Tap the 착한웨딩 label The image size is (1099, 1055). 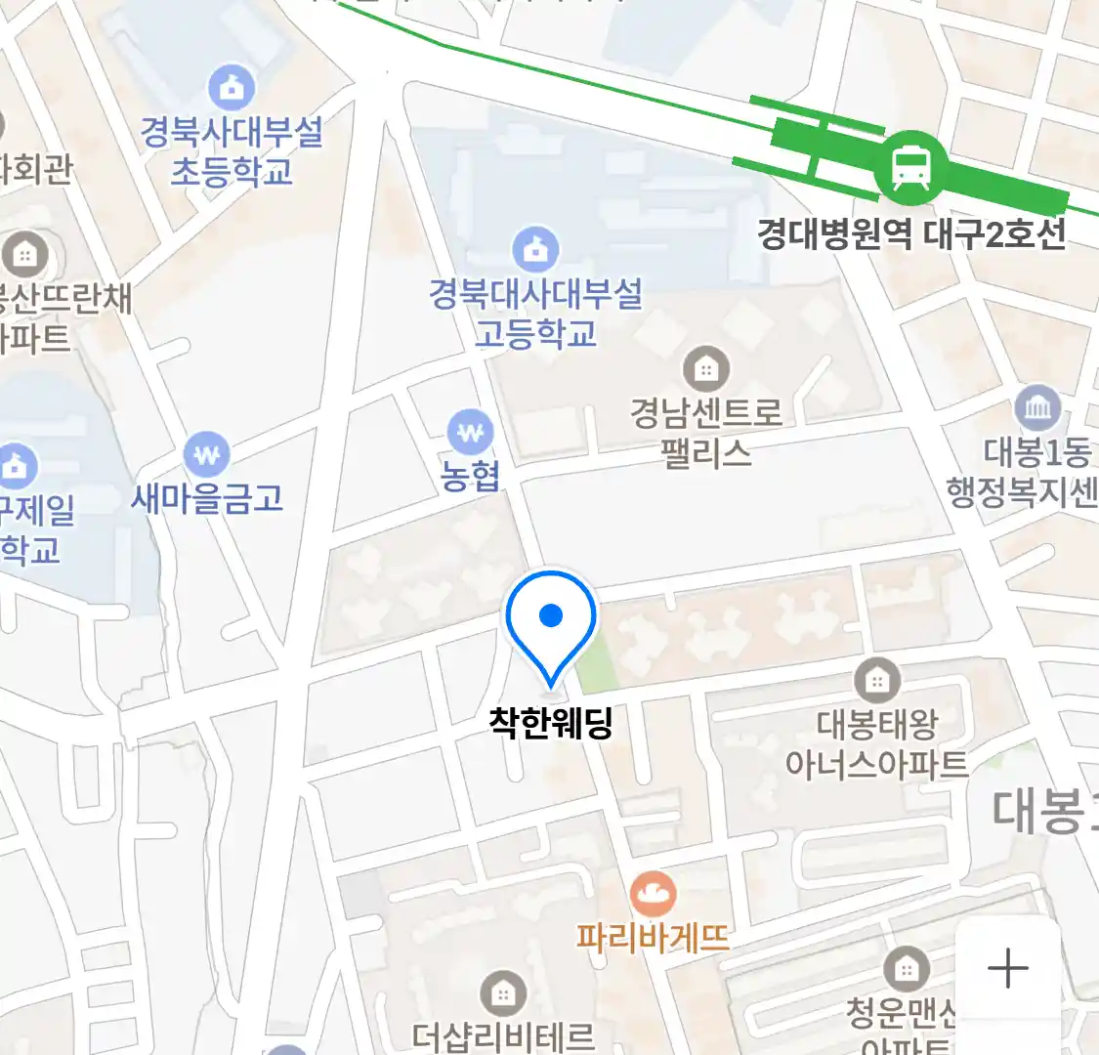[x=551, y=723]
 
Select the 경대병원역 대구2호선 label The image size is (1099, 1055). [x=910, y=234]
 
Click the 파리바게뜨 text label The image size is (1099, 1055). [x=653, y=938]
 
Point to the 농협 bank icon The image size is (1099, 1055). [x=471, y=431]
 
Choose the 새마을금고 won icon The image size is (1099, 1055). [x=207, y=454]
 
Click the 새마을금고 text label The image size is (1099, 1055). [x=207, y=499]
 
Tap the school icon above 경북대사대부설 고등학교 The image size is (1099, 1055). [x=535, y=249]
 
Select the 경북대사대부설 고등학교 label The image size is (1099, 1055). [x=535, y=314]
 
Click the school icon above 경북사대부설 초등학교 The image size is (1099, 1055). [x=232, y=89]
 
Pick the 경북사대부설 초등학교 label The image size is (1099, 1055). [x=232, y=151]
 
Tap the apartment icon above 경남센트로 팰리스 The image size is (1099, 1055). [x=706, y=369]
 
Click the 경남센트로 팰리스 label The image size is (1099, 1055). [x=706, y=433]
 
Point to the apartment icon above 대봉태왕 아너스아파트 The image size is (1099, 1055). [x=877, y=679]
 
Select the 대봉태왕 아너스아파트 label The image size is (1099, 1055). [x=877, y=743]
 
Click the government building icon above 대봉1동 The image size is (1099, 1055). [x=1037, y=407]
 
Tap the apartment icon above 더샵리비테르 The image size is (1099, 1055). [x=503, y=994]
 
